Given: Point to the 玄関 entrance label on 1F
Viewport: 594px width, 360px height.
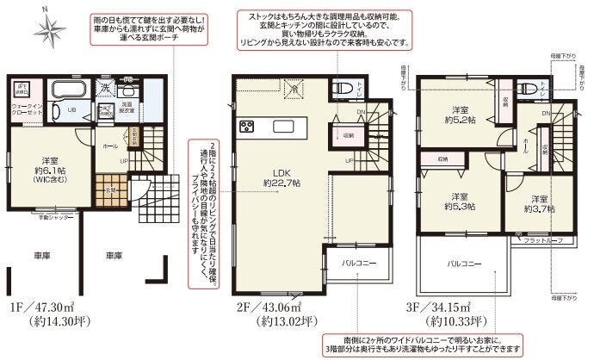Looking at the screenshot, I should pos(110,189).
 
